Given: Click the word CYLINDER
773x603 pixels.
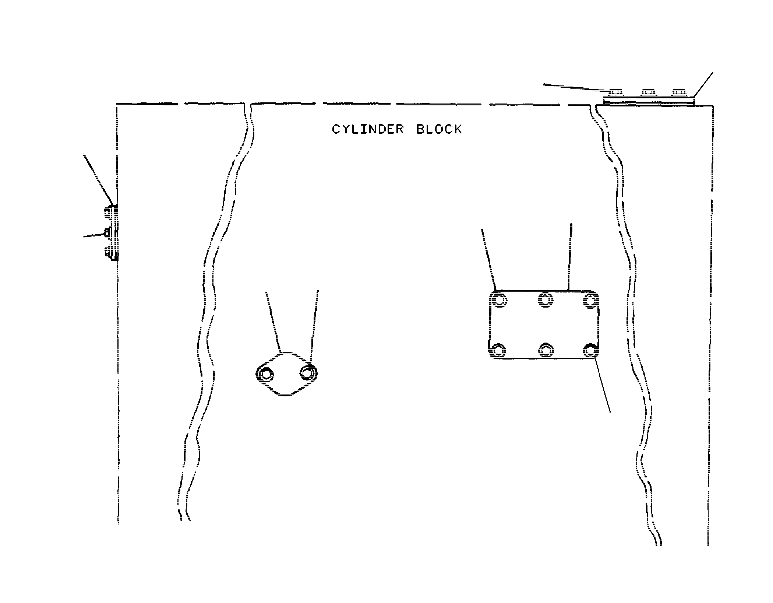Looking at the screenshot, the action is [368, 129].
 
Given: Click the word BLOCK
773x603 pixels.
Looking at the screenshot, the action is [439, 129].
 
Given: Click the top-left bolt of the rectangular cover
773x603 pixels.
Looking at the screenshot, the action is [499, 300].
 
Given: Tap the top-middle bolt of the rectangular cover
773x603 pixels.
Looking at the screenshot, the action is [546, 299].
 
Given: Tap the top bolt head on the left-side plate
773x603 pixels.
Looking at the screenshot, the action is [107, 213].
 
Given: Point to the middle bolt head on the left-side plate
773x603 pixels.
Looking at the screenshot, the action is [107, 233].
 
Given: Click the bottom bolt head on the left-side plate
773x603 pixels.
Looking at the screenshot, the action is [107, 253].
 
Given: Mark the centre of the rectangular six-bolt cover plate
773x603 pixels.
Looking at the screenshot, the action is [544, 325].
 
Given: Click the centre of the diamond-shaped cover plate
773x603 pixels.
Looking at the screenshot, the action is [286, 374].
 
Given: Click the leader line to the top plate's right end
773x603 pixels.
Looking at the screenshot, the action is [703, 85].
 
